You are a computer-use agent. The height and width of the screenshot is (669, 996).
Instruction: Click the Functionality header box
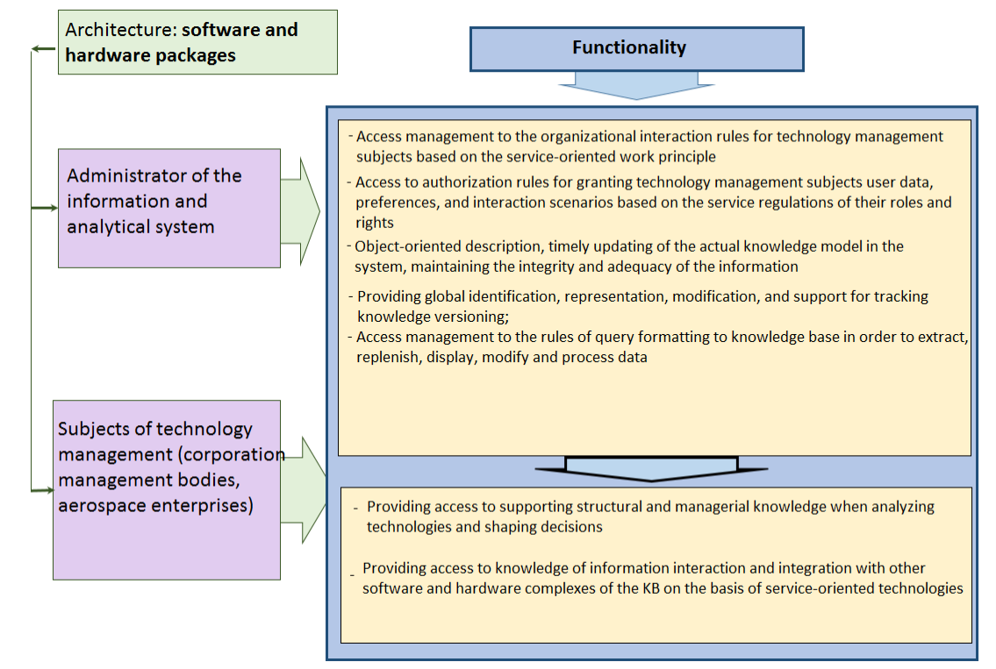[x=636, y=49]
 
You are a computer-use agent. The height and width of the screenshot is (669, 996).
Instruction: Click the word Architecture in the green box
[x=119, y=30]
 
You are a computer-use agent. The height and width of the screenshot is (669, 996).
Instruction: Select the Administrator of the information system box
[x=169, y=208]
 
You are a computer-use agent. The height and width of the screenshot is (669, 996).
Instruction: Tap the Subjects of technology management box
[x=167, y=489]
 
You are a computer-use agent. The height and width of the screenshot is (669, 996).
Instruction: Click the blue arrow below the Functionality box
[x=636, y=86]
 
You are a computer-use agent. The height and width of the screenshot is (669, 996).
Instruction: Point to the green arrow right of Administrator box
[x=300, y=211]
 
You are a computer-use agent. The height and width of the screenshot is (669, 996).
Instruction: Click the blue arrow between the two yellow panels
[x=651, y=468]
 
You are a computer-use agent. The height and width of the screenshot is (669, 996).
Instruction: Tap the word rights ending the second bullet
[x=374, y=223]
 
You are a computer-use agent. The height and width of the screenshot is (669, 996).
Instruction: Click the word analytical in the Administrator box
[x=105, y=226]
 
